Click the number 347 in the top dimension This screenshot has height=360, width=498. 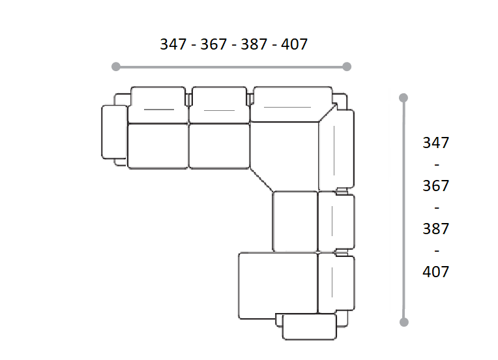[173, 44]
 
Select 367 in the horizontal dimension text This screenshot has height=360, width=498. [213, 44]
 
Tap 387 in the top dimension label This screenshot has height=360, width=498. [254, 44]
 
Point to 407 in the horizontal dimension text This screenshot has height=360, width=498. [294, 44]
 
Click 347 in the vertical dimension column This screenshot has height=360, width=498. [435, 143]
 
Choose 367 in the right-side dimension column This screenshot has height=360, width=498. [435, 186]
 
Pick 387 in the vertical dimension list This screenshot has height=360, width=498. [435, 229]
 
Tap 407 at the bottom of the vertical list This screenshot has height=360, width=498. [435, 272]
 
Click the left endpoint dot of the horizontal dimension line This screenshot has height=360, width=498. [116, 67]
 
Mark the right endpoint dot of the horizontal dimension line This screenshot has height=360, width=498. [347, 67]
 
